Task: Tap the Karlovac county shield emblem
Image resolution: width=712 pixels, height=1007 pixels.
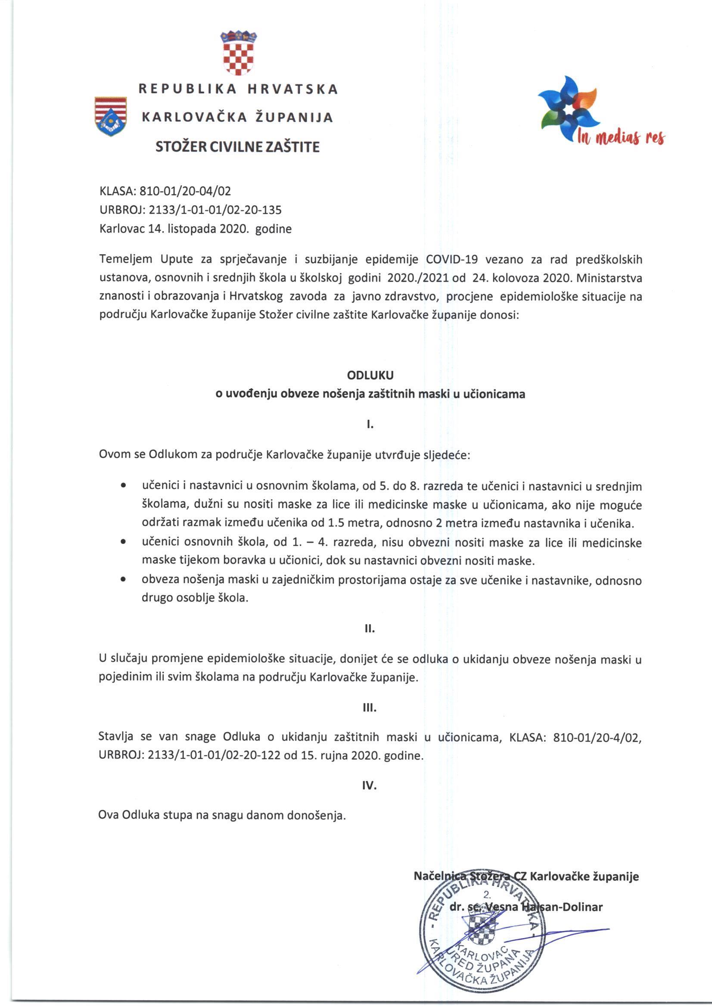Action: click(x=111, y=116)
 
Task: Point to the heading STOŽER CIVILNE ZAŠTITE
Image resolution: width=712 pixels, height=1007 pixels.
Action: click(x=238, y=146)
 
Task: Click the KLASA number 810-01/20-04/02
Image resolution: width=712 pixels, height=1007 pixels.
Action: click(x=185, y=191)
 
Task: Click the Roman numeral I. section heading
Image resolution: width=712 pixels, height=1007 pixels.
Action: click(x=370, y=424)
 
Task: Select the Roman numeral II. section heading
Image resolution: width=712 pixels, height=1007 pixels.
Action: click(x=370, y=628)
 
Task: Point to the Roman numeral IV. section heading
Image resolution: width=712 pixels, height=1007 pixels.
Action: click(x=370, y=786)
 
